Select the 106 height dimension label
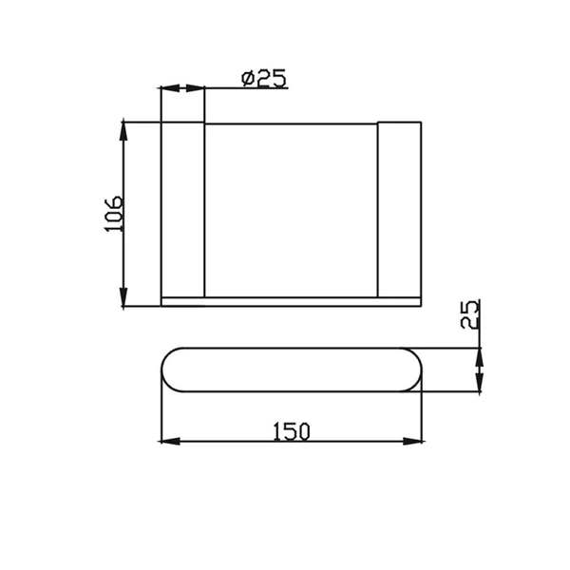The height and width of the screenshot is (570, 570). coord(113,214)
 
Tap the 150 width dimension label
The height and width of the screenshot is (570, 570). coord(291,430)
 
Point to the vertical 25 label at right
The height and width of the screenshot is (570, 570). coord(469,313)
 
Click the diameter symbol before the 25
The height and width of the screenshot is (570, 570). coord(247,78)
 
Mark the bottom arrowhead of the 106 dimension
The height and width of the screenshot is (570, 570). coord(123,299)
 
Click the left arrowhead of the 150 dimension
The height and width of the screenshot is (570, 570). coord(168,441)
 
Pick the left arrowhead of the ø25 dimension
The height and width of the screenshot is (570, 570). coord(168,88)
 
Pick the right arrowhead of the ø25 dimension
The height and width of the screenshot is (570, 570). coord(197,88)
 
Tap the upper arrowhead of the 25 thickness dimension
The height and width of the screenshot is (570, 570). coord(478,356)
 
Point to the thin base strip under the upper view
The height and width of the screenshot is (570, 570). coord(291,302)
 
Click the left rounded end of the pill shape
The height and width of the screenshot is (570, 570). coord(171,370)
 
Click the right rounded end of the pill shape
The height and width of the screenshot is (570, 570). coord(410,370)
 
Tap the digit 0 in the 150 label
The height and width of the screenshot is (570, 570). coord(303,430)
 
